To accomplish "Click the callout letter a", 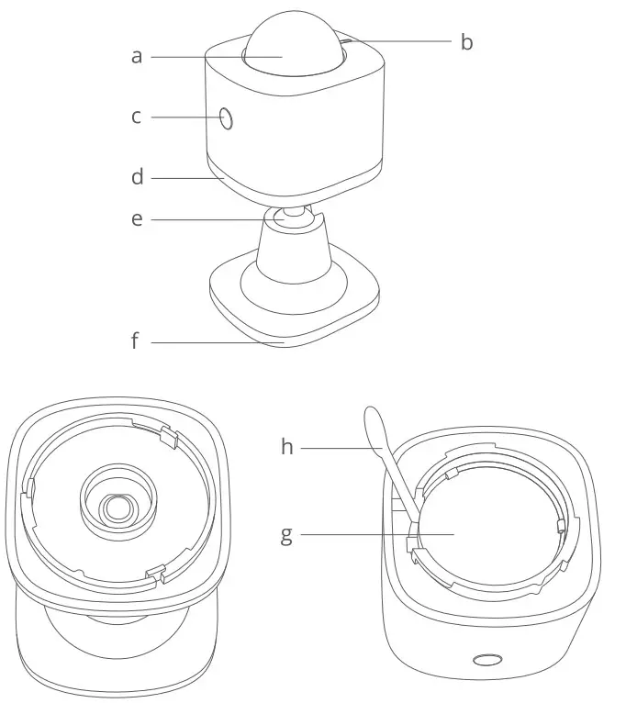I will click(137, 57).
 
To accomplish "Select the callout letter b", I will click(466, 42).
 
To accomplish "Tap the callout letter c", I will click(136, 117).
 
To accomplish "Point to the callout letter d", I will click(137, 176).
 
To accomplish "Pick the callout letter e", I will click(137, 219).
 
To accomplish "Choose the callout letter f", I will click(135, 342).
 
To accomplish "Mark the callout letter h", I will click(286, 447).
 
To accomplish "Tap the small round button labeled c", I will click(226, 118).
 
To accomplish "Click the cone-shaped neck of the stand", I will click(293, 248).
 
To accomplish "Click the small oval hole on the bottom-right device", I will click(486, 660).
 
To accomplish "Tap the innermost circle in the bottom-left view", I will click(116, 507).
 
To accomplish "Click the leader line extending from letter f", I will click(220, 343).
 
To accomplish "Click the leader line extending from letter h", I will click(340, 448).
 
